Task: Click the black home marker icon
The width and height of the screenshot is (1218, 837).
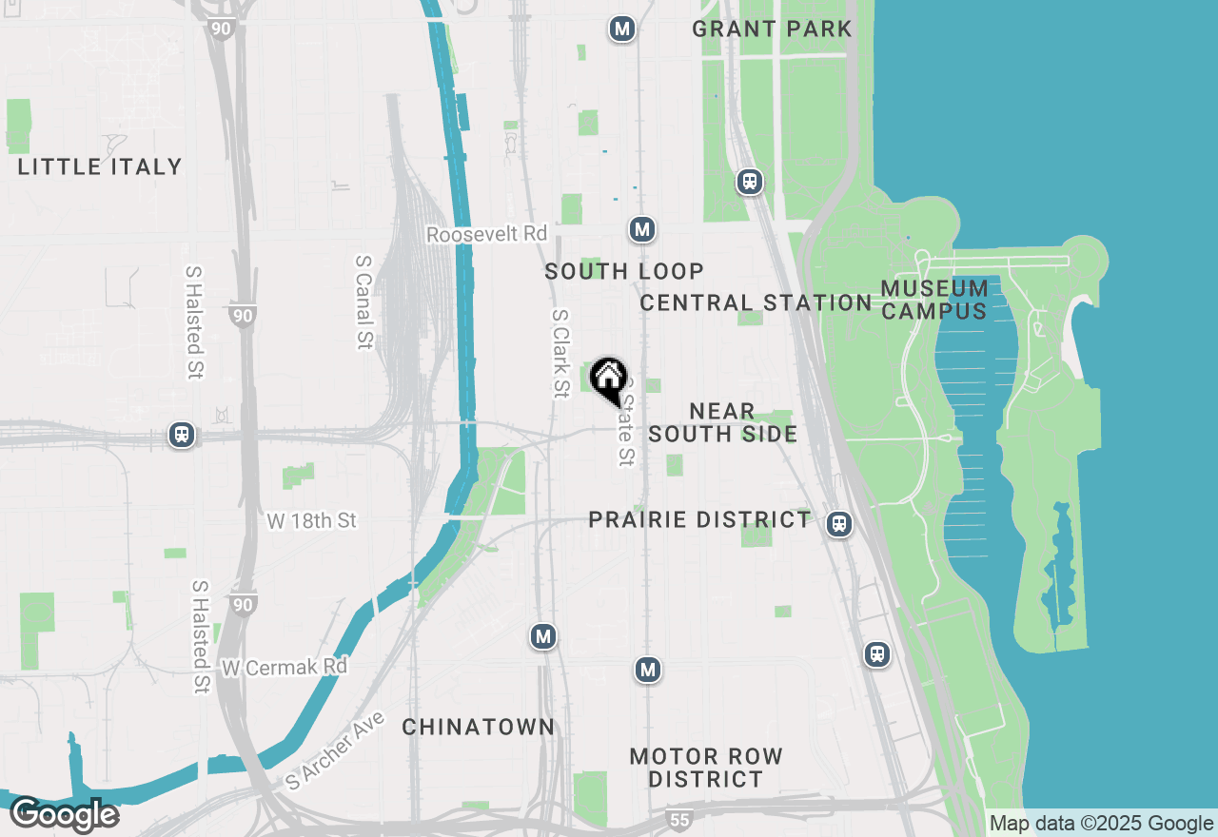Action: click(x=608, y=380)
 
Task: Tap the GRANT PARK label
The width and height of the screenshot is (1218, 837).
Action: click(x=772, y=29)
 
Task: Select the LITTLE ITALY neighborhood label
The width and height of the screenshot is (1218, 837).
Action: click(x=100, y=166)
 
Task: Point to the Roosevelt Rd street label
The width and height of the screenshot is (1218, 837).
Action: click(x=487, y=234)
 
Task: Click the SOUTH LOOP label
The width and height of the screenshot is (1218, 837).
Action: click(x=624, y=271)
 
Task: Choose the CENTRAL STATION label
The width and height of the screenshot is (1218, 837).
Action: click(x=756, y=302)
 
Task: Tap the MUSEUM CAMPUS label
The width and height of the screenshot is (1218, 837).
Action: click(x=933, y=300)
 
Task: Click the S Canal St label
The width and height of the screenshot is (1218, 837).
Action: click(x=363, y=302)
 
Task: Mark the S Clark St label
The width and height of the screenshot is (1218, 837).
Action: click(x=560, y=353)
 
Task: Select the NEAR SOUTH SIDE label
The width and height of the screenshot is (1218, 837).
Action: click(x=723, y=422)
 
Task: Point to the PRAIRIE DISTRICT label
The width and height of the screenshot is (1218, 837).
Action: click(x=699, y=519)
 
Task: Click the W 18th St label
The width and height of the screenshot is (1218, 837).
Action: click(x=311, y=520)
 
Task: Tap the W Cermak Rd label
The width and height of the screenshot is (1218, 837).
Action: click(x=285, y=667)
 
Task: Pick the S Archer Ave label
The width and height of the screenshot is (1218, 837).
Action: click(x=336, y=750)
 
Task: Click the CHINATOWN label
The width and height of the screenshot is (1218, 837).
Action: click(x=478, y=727)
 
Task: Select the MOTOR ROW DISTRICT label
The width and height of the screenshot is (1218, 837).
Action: click(x=706, y=768)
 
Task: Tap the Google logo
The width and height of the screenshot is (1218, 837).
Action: click(x=64, y=815)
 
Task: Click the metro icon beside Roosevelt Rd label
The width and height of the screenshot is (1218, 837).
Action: click(x=642, y=229)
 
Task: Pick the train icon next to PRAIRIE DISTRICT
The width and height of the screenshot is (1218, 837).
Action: click(x=838, y=524)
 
